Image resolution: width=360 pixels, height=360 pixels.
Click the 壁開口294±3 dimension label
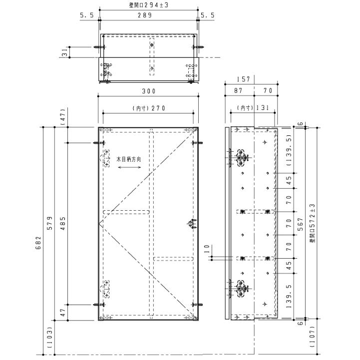coord(149,5)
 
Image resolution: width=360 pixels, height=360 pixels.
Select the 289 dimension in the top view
coord(145,15)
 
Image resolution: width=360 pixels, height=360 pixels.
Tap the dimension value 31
coord(65,52)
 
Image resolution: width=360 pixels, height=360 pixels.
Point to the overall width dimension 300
coord(149,91)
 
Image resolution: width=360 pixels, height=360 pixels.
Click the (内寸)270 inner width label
coord(149,108)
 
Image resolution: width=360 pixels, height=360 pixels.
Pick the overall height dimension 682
coord(38,243)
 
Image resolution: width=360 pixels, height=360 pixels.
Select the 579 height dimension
coord(50,223)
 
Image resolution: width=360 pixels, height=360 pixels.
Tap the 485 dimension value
coord(63,223)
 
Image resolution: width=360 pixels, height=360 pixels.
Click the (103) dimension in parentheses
coord(50,338)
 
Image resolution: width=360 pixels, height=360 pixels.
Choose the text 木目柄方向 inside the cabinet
coord(129,159)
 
